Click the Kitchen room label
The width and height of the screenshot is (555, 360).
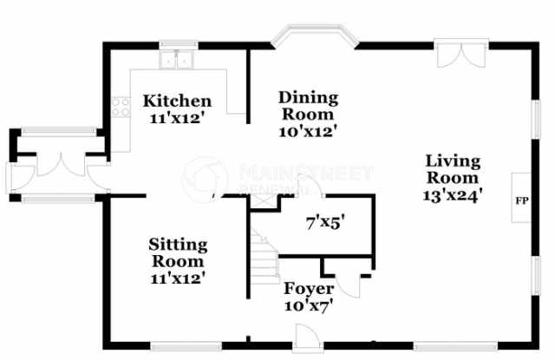tap(178, 101)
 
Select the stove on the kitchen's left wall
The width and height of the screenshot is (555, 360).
tap(119, 109)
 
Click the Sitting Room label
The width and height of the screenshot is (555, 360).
tap(177, 252)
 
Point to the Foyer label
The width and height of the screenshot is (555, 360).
tap(309, 289)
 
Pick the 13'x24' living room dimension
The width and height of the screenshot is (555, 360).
tap(454, 196)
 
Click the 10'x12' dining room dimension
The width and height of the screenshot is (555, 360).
tap(308, 131)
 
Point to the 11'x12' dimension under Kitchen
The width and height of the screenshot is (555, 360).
tap(178, 118)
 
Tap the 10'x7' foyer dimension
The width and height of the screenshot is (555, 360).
tap(309, 304)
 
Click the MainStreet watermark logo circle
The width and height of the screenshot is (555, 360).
tap(205, 176)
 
